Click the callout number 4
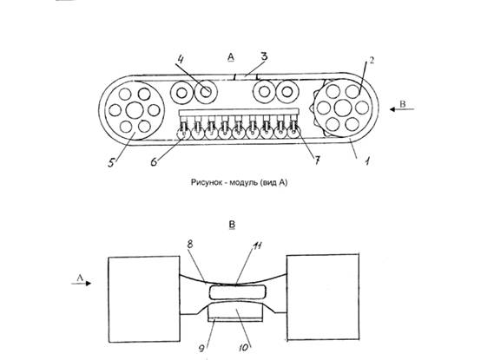pos(181,59)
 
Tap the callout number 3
pos(264,56)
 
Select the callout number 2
pos(372,61)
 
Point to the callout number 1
pos(367,160)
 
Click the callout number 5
pos(111,162)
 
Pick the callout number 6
pos(154,161)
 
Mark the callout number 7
pos(317,160)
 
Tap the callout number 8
pos(190,244)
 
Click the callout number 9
pos(201,349)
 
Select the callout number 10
pos(244,348)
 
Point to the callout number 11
pos(257,245)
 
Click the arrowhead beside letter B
pos(392,109)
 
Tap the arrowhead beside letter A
pos(89,284)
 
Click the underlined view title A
pos(231,57)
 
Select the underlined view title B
pos(232,226)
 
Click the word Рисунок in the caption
pos(205,183)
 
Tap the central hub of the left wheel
pos(135,110)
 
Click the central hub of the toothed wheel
pos(343,108)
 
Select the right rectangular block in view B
pos(323,297)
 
